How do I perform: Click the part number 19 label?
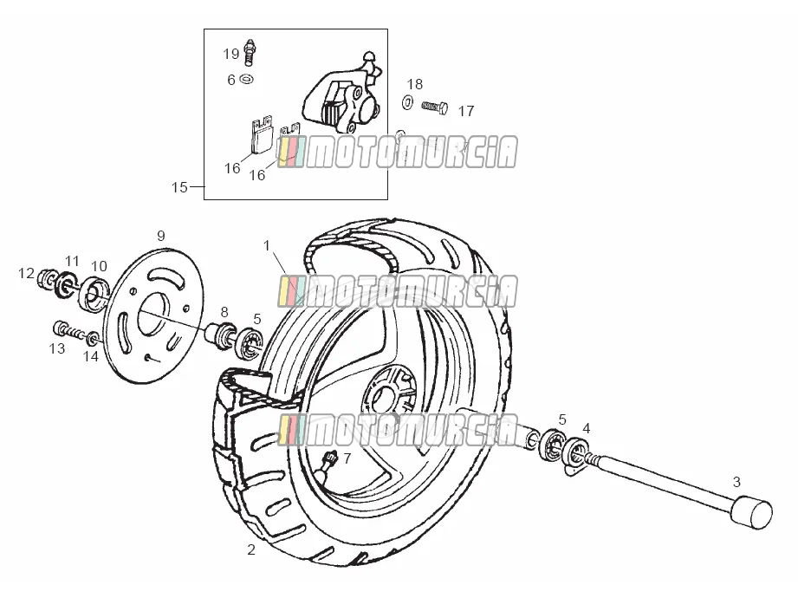point(231,54)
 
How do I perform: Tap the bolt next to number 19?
point(250,51)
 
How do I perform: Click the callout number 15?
point(179,187)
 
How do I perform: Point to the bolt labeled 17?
point(435,107)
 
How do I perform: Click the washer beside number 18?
point(407,102)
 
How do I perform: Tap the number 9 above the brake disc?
point(161,236)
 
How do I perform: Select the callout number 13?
point(57,348)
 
